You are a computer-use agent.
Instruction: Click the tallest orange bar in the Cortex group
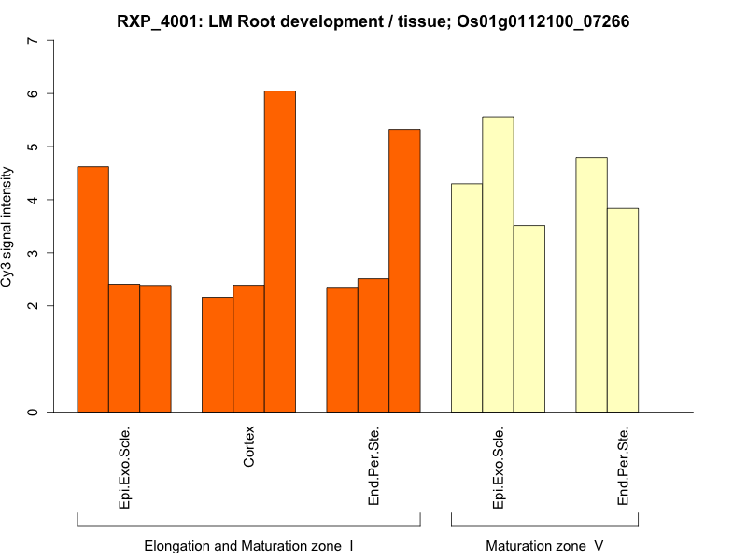point(280,252)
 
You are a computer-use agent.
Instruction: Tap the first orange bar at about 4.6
point(92,289)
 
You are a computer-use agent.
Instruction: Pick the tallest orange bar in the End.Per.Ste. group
point(404,271)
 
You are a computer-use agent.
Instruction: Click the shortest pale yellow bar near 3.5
point(529,318)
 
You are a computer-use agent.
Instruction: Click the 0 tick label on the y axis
point(34,412)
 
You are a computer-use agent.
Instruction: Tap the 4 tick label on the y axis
point(34,200)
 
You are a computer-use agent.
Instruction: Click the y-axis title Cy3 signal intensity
point(8,227)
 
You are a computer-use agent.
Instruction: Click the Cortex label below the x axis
point(248,447)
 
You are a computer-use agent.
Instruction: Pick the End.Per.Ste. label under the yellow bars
point(623,468)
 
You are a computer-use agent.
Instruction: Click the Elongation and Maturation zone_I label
point(248,545)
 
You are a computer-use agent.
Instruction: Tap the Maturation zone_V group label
point(544,545)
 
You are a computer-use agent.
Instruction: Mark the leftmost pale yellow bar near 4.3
point(467,298)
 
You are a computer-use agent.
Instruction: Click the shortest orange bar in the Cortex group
point(218,355)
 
